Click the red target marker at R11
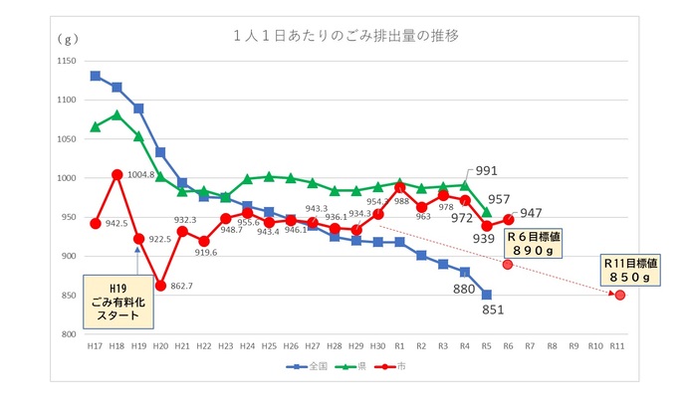click(x=619, y=295)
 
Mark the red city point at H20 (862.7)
click(x=160, y=286)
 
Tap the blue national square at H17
click(x=95, y=76)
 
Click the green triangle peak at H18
click(x=116, y=114)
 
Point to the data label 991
click(x=486, y=170)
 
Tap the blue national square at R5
click(x=487, y=295)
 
